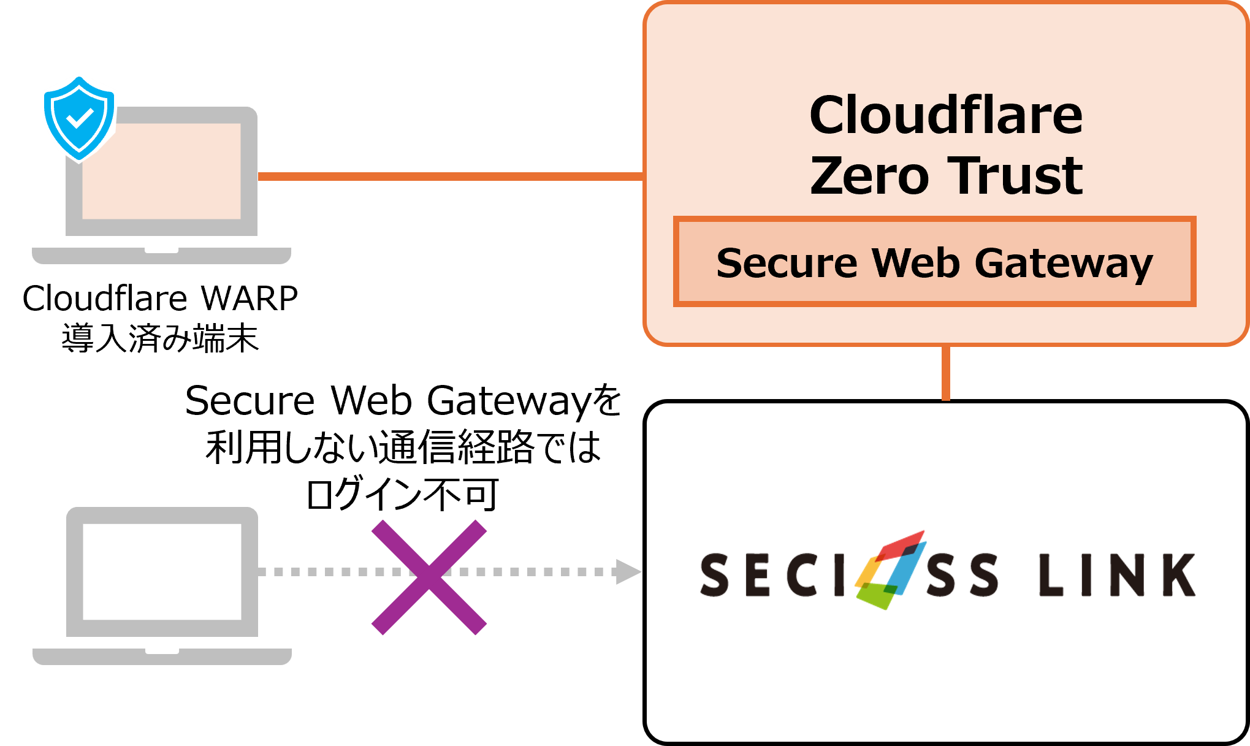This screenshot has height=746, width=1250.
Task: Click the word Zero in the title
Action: pos(869,176)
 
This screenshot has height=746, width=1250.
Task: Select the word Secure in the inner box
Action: pos(786,263)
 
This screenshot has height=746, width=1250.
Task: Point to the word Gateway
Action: pos(1064,264)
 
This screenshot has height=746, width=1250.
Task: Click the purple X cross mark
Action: pos(429,577)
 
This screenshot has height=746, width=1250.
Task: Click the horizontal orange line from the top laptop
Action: pos(451,177)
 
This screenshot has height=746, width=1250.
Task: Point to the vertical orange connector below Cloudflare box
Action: pos(946,373)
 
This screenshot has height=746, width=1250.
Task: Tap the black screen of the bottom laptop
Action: pos(162,571)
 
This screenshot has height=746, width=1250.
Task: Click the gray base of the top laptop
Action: pos(162,256)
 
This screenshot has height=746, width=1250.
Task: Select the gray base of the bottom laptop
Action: pos(162,657)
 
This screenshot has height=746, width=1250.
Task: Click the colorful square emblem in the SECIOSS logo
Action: pos(889,570)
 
